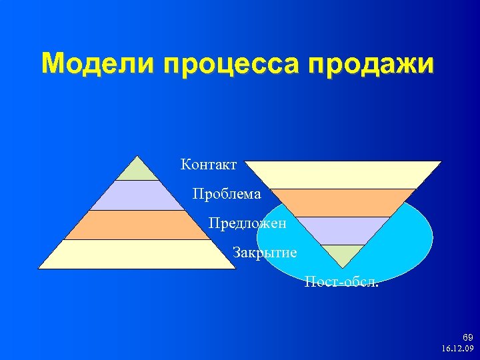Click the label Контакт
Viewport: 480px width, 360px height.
click(208, 164)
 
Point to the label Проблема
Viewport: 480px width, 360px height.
click(227, 194)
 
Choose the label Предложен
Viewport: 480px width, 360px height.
click(247, 223)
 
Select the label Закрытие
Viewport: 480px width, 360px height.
click(265, 253)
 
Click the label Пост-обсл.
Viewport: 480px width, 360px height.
click(341, 281)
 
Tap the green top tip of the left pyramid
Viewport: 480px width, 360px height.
click(137, 171)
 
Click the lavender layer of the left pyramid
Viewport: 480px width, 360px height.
click(137, 195)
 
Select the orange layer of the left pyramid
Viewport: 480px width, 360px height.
click(137, 225)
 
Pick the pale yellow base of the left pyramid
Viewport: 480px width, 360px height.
click(137, 254)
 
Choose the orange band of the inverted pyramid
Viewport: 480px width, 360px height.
click(341, 203)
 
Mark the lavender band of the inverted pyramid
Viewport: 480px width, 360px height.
click(341, 231)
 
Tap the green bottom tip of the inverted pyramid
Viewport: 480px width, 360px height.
click(341, 254)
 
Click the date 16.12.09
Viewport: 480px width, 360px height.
click(457, 349)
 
